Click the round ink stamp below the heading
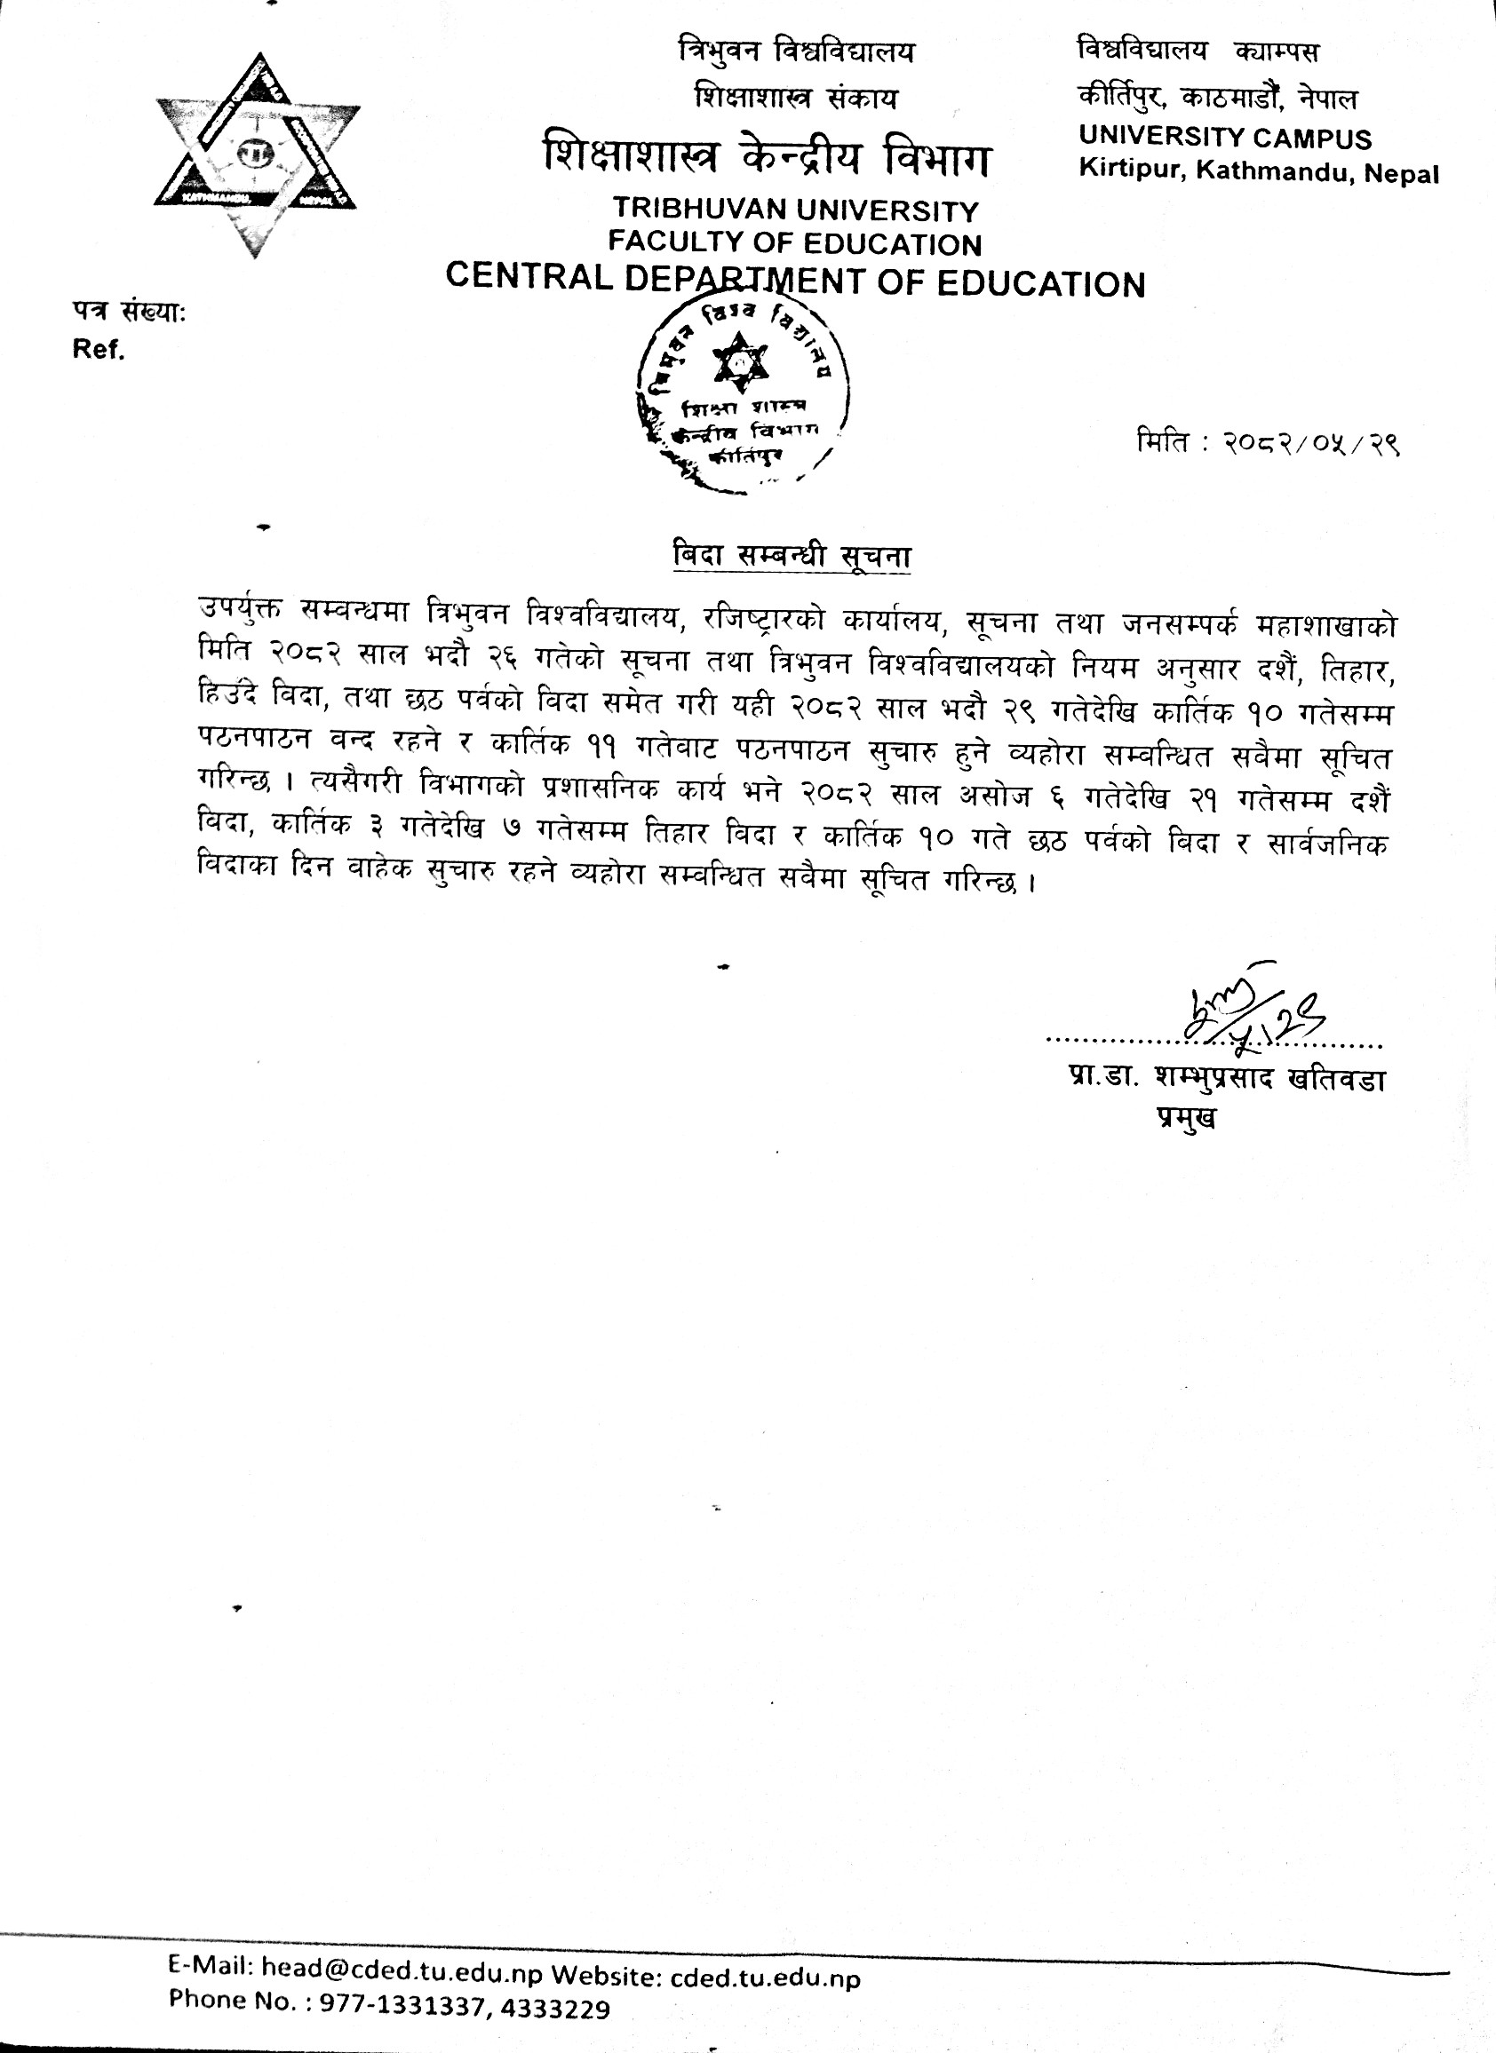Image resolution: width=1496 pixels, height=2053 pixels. [740, 400]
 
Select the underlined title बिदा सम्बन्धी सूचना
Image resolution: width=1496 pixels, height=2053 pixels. [792, 555]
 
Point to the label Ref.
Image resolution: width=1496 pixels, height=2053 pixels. [99, 351]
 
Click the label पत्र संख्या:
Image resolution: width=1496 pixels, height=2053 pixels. [129, 313]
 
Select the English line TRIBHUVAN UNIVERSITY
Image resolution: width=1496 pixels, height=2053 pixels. [795, 210]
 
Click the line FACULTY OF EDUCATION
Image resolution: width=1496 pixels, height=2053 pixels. [794, 243]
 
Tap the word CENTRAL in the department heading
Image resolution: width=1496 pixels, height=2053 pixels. [529, 277]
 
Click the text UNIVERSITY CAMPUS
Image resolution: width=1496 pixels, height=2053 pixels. [1224, 138]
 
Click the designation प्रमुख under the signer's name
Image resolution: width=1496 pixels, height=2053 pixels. [1185, 1117]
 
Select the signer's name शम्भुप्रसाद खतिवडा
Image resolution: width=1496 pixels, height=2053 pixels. [1269, 1079]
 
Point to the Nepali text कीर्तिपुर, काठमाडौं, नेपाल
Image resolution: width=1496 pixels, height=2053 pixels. [1217, 97]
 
